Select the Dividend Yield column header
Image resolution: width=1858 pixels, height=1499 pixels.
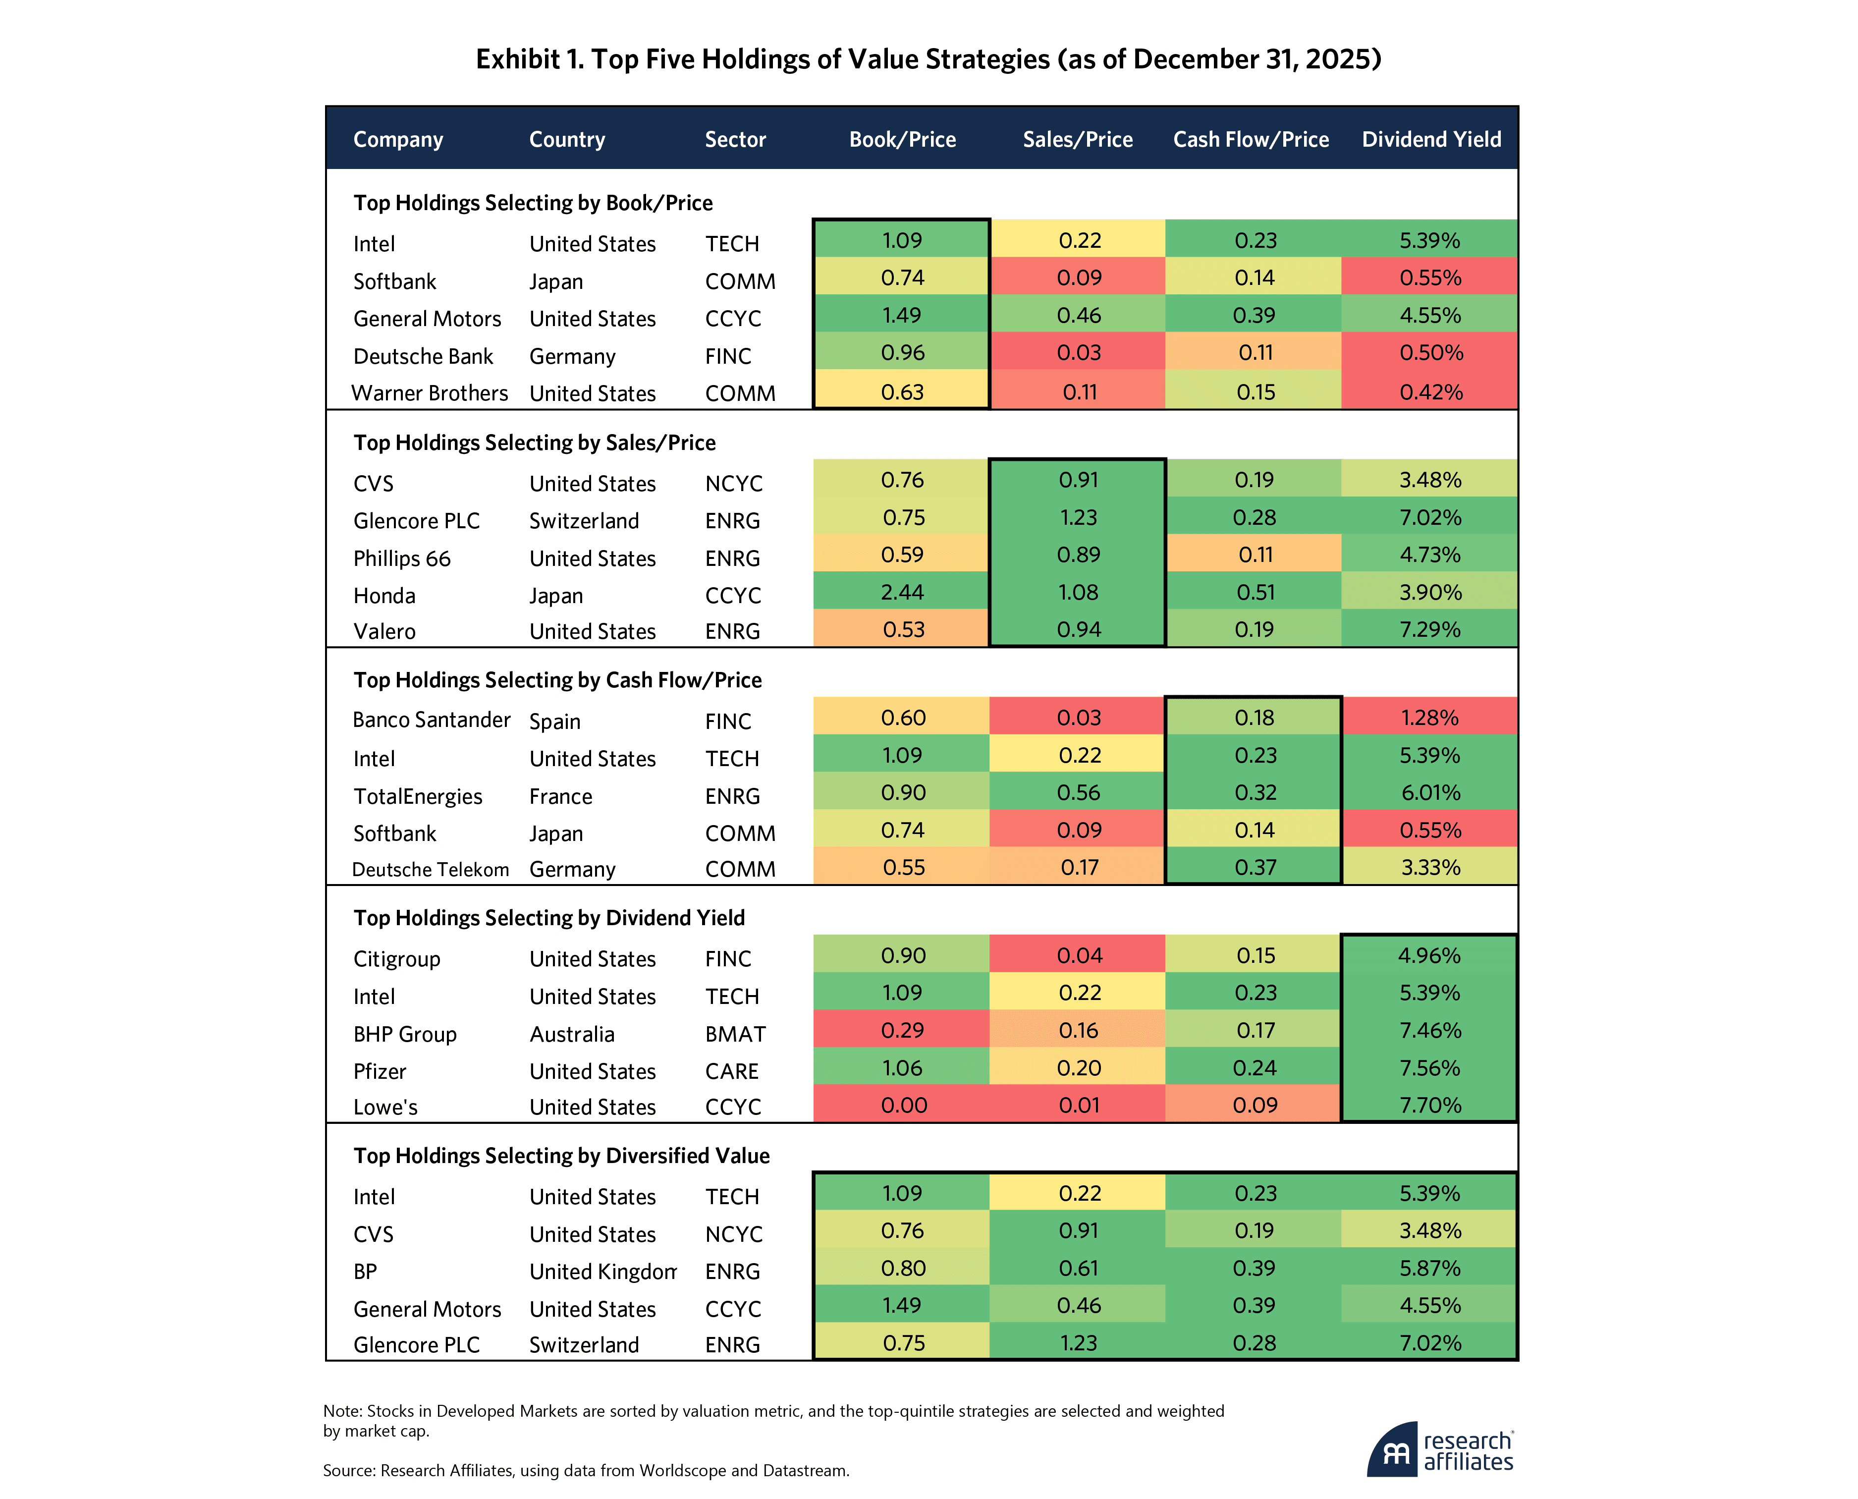pos(1430,139)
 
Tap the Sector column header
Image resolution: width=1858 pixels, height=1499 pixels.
pos(735,139)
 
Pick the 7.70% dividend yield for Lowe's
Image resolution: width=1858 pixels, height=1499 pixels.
pos(1430,1105)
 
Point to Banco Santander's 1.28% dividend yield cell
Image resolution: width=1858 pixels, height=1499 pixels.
pos(1430,718)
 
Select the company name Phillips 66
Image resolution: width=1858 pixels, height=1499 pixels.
pos(401,558)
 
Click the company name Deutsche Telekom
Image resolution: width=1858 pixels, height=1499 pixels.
pos(430,870)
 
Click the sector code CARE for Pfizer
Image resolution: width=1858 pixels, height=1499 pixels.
pos(731,1071)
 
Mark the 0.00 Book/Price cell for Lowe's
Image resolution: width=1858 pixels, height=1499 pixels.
pos(903,1105)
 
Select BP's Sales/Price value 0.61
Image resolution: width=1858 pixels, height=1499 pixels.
pos(1078,1269)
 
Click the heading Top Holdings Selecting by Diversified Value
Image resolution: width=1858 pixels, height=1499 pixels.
pos(561,1155)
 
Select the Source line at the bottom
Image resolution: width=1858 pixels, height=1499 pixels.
pos(585,1470)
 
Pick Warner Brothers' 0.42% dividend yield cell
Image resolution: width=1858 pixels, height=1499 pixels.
pos(1430,392)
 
